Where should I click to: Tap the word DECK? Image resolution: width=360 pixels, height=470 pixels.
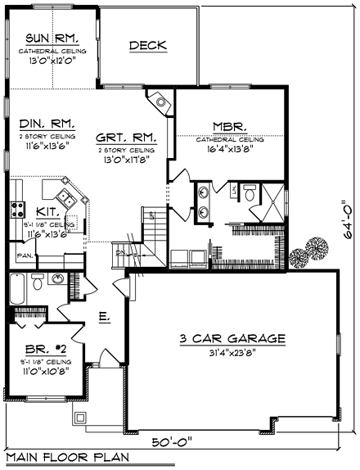[147, 46]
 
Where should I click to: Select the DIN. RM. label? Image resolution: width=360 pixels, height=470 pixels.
[47, 124]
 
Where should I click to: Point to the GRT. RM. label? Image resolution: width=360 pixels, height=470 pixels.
[125, 138]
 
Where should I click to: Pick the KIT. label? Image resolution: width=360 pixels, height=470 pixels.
[47, 211]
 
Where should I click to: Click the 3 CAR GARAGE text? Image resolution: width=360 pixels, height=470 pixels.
[233, 338]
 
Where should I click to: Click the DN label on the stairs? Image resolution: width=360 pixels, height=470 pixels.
[119, 254]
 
